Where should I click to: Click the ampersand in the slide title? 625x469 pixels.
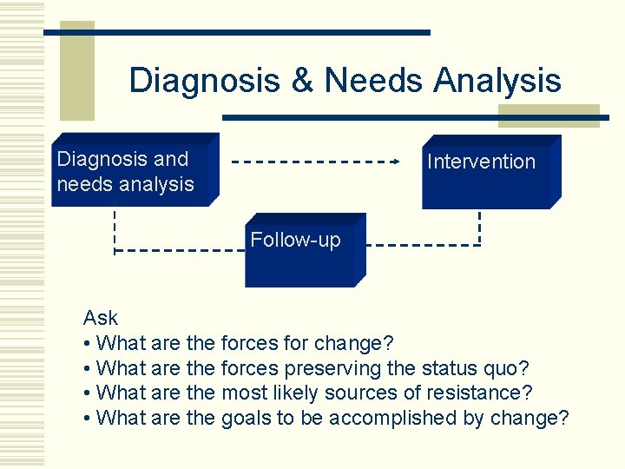coord(302,81)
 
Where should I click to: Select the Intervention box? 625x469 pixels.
coord(491,172)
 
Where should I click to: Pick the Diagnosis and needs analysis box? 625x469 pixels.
coord(135,171)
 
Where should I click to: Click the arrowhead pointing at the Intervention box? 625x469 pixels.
coord(395,162)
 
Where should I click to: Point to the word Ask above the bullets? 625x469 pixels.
coord(100,318)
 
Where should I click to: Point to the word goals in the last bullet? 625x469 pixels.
coord(246,418)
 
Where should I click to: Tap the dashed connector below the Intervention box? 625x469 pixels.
coord(479,227)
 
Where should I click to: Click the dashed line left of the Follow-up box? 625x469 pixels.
coord(178,251)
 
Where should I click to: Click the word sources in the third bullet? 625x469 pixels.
coord(373,393)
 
